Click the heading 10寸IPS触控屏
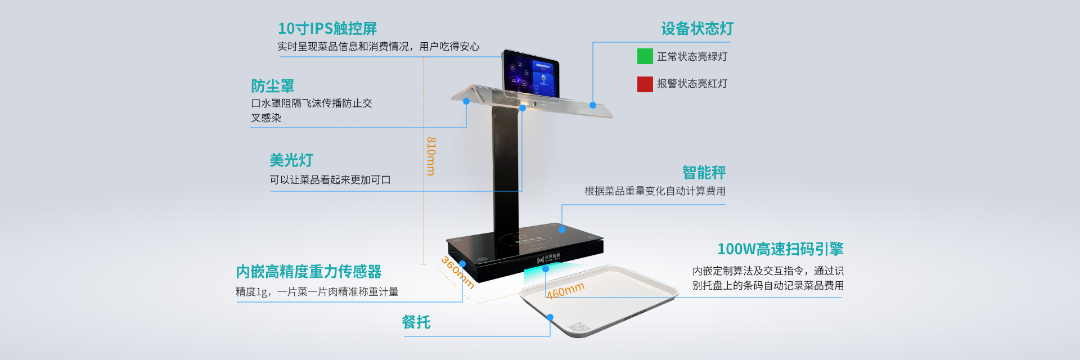[327, 28]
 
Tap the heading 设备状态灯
[697, 28]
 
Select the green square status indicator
[645, 56]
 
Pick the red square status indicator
[645, 84]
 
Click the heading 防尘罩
[273, 86]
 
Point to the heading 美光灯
[291, 160]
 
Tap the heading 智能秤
[704, 172]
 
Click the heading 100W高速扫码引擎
[780, 249]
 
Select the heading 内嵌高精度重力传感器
[309, 272]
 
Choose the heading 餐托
[416, 322]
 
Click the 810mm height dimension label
[431, 156]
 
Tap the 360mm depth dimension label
[458, 273]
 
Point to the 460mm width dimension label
[566, 290]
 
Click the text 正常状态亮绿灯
[692, 57]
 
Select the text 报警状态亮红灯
[692, 84]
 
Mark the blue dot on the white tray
[550, 317]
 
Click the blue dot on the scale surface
[562, 229]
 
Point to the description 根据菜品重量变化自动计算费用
[655, 191]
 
